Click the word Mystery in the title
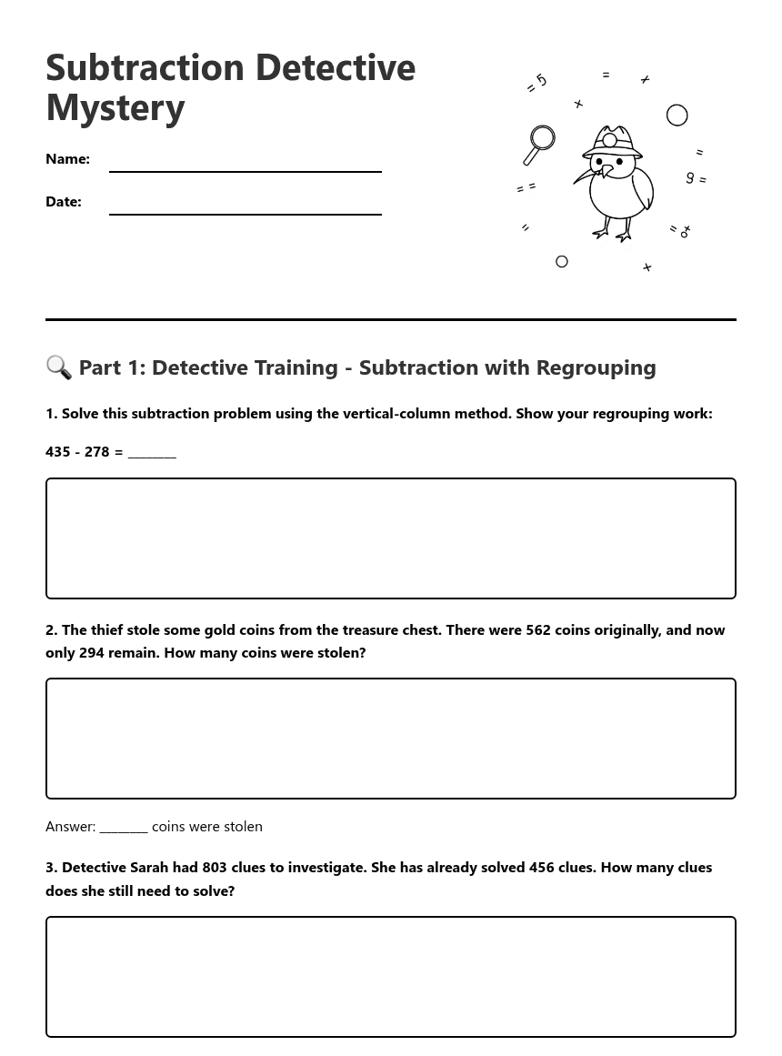[115, 107]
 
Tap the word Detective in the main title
[335, 68]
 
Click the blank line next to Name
[245, 166]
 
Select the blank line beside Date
[245, 208]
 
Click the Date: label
[64, 202]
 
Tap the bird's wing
[642, 188]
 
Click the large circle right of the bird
[677, 116]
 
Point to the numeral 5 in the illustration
[541, 81]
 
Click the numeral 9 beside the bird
[690, 178]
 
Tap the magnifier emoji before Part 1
[58, 367]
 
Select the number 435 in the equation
[58, 452]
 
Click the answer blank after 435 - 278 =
[152, 452]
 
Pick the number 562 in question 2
[538, 630]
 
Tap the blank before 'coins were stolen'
[124, 827]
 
